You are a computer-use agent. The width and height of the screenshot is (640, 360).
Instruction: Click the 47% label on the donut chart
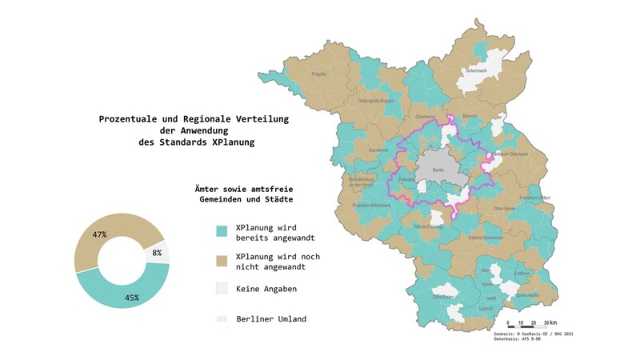100,234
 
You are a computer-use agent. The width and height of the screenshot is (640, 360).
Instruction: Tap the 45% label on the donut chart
131,298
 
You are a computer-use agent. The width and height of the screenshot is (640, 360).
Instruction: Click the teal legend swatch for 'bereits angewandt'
223,231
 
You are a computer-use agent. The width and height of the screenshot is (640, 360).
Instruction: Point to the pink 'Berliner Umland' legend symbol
223,318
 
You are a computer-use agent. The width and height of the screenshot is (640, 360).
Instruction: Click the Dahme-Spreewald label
486,238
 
